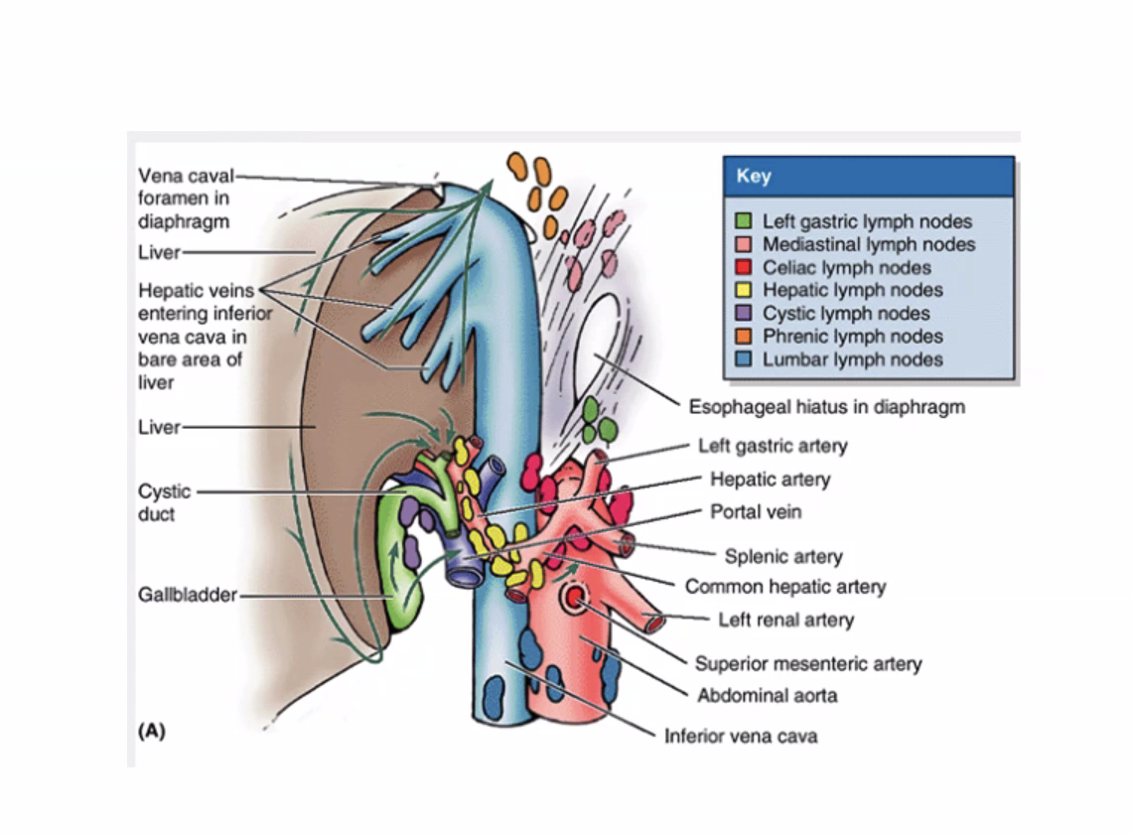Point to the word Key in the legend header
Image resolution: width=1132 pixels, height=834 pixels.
pos(754,177)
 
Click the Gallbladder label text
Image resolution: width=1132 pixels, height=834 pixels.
pos(188,595)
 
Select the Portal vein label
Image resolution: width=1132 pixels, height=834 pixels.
pos(756,512)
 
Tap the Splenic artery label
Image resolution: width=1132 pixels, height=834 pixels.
pos(782,556)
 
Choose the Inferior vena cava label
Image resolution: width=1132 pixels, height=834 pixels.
pos(741,736)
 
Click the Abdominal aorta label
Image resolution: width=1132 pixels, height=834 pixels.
pos(767,695)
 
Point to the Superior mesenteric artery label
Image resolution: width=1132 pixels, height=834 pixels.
pos(807,664)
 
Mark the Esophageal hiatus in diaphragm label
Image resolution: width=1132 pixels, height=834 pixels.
pos(826,407)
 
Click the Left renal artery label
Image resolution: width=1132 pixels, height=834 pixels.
pos(785,621)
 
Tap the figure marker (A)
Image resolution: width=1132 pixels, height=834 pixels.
pos(150,732)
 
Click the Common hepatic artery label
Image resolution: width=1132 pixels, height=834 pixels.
pos(784,587)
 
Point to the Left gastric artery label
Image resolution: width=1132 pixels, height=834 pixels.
pos(773,446)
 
